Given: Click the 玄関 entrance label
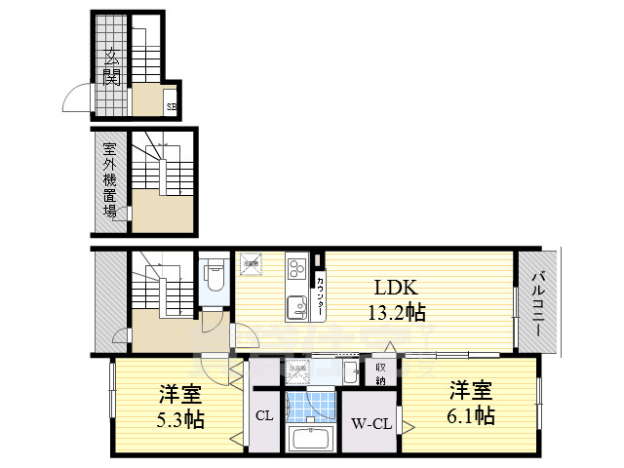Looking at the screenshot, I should (112, 66).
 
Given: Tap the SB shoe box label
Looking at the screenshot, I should (171, 106).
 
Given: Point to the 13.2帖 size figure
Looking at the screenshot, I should (394, 312).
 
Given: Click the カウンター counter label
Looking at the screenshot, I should (319, 295).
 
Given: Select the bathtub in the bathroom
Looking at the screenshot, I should (312, 440).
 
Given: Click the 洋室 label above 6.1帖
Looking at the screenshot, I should (470, 392).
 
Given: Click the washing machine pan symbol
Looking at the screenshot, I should (299, 372).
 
